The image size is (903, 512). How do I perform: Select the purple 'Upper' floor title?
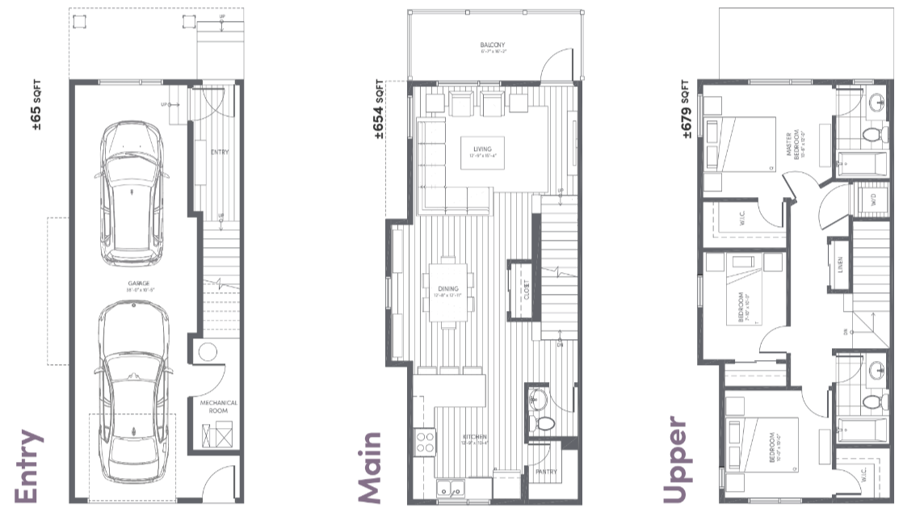pyautogui.click(x=675, y=461)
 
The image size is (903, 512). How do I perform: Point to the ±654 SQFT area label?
pyautogui.click(x=378, y=109)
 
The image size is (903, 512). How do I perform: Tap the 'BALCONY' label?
pyautogui.click(x=493, y=45)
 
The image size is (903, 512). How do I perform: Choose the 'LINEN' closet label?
pyautogui.click(x=840, y=264)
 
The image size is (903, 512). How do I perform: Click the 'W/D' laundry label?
pyautogui.click(x=871, y=199)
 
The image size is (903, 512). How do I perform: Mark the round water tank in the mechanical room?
pyautogui.click(x=206, y=351)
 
